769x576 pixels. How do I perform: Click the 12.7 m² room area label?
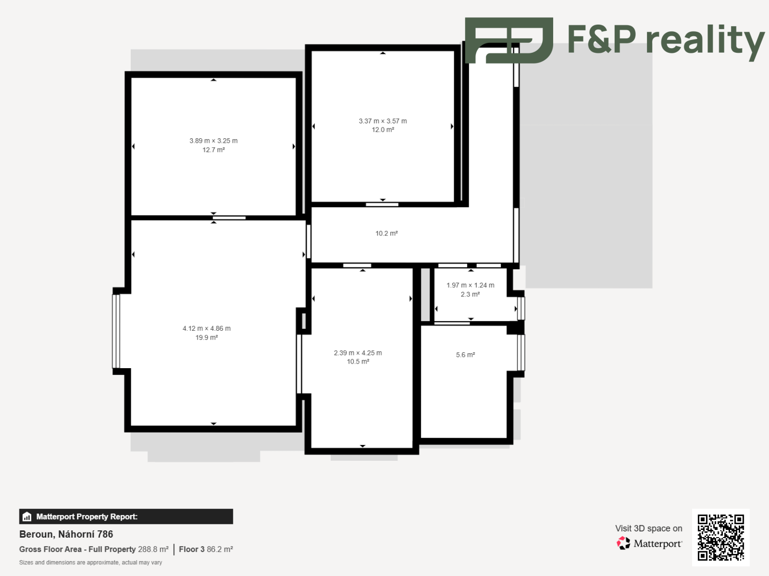(213, 150)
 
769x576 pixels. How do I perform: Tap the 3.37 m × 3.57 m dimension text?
(382, 121)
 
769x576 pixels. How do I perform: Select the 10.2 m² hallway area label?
(387, 233)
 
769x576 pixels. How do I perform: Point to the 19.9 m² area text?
(207, 337)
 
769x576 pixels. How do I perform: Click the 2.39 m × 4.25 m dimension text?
(358, 353)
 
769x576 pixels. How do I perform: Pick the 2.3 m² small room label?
(470, 294)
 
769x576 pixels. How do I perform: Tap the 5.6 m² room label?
(466, 355)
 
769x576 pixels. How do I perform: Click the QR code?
(721, 537)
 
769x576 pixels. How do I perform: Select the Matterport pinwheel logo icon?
(623, 543)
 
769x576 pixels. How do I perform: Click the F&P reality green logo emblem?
(509, 40)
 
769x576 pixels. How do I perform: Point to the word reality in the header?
(705, 40)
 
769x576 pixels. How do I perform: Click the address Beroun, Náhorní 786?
(66, 535)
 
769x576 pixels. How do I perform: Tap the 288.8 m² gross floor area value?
(153, 549)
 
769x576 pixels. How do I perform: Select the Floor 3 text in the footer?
(191, 549)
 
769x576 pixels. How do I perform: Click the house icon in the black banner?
(27, 517)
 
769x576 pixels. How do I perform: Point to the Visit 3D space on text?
(649, 528)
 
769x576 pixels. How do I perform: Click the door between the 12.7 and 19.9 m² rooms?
(229, 218)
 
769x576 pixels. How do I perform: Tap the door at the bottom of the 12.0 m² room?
(382, 205)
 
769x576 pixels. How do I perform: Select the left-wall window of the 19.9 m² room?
(116, 331)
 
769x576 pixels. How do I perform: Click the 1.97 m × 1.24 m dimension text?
(470, 285)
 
